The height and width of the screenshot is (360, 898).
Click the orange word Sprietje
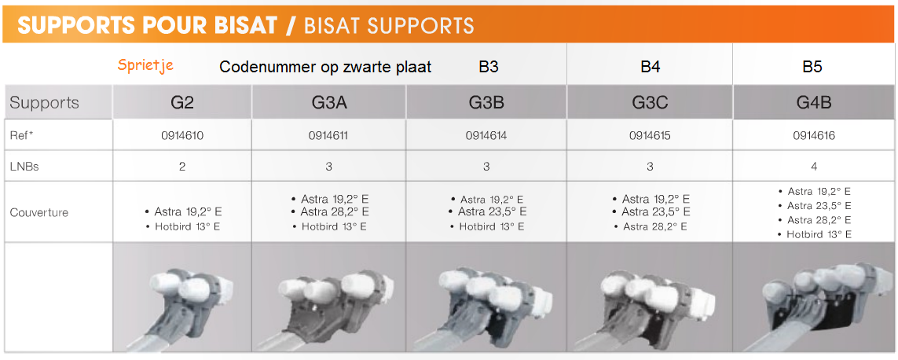pyautogui.click(x=145, y=64)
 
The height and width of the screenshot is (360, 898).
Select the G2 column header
pyautogui.click(x=183, y=103)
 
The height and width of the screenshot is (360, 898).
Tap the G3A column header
pyautogui.click(x=328, y=103)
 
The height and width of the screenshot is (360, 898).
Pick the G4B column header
pyautogui.click(x=814, y=103)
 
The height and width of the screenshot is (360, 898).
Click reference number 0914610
pyautogui.click(x=183, y=136)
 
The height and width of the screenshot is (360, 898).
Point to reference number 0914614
pyautogui.click(x=486, y=136)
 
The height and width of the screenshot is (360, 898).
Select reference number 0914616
pyautogui.click(x=814, y=136)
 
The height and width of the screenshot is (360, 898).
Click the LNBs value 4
pyautogui.click(x=814, y=167)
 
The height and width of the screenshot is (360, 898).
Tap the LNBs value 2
pyautogui.click(x=183, y=167)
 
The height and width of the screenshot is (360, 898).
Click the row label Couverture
pyautogui.click(x=39, y=213)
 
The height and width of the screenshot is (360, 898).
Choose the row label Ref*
pyautogui.click(x=22, y=136)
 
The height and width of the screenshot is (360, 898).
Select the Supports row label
pyautogui.click(x=44, y=103)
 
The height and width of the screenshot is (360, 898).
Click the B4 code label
pyautogui.click(x=650, y=67)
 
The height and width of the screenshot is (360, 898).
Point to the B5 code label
pyautogui.click(x=812, y=67)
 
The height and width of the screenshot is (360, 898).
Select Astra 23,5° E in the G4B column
pyautogui.click(x=814, y=206)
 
